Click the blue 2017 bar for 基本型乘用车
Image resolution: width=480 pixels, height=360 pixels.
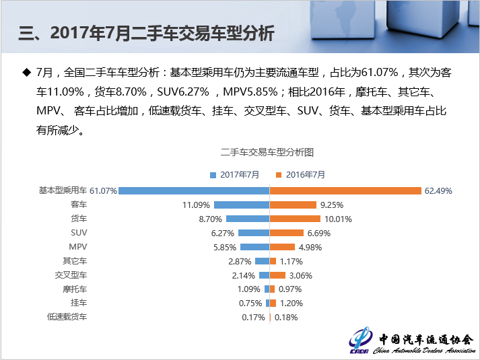194,190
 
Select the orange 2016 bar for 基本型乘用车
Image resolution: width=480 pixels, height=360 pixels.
345,190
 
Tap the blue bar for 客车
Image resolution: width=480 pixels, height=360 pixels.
242,205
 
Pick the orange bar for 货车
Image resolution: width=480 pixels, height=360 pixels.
294,219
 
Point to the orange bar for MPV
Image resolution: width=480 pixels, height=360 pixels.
282,247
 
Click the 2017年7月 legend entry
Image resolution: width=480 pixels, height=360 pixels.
235,174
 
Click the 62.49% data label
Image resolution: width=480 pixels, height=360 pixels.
438,191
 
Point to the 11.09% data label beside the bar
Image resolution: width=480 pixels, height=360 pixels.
197,205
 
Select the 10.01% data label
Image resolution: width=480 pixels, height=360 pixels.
338,219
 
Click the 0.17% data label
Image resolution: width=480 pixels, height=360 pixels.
253,317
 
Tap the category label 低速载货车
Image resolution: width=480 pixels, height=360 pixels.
67,316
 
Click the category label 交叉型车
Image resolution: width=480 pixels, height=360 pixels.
71,275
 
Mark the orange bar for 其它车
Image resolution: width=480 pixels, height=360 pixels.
273,261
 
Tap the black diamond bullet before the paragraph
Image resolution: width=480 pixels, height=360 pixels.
27,71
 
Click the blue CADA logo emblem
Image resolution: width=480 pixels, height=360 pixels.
361,340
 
